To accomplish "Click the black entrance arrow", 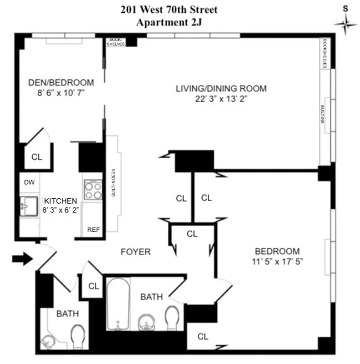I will [x=21, y=259].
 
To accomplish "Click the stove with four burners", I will [x=93, y=190].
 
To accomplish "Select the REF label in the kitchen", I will [x=93, y=230].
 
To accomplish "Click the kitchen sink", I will [x=28, y=207].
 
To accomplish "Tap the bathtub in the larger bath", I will [x=118, y=304].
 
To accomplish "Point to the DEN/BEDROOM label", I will [x=61, y=83].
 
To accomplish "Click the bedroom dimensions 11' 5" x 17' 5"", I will [x=277, y=261].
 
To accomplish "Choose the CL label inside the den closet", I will [x=37, y=157].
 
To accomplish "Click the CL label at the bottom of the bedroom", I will [x=203, y=337].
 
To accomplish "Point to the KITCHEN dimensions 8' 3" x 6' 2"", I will [x=60, y=210].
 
